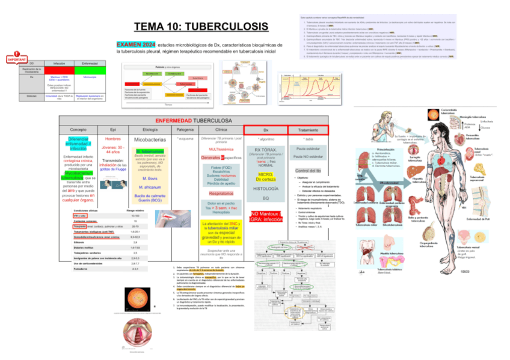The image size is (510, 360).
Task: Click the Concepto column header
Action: point(78,129)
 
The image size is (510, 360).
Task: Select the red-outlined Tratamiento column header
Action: point(308,129)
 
